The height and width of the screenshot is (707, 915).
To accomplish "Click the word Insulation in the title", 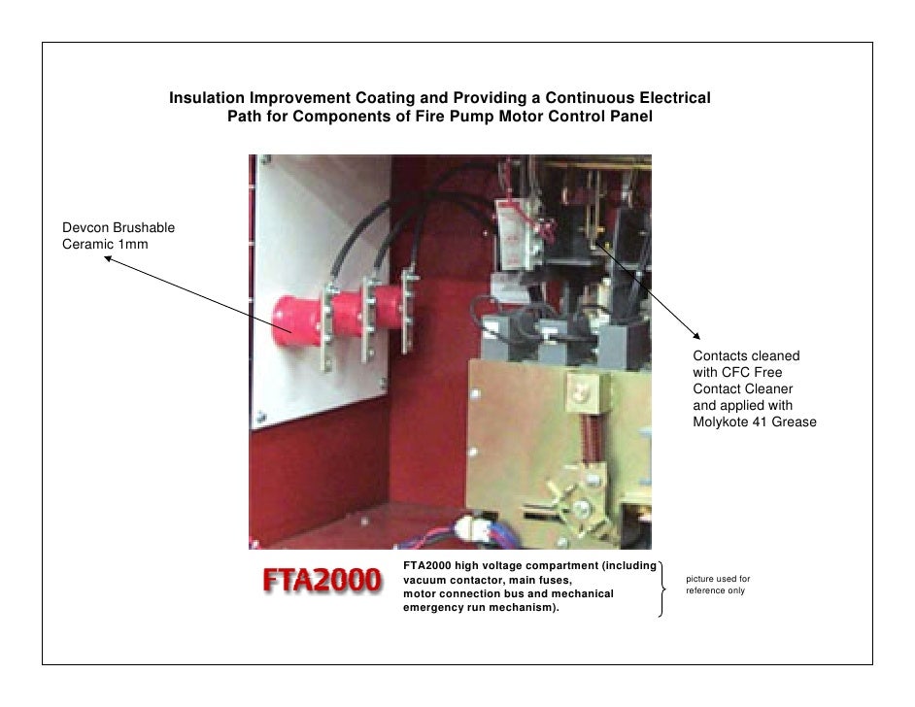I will click(x=207, y=99).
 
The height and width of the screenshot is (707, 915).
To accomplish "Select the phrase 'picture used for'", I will click(x=718, y=580).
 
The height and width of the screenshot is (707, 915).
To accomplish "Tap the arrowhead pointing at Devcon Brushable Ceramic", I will click(x=108, y=258).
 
